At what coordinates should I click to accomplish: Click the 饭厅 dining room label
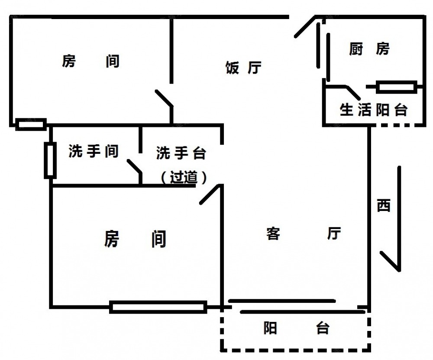coord(243,68)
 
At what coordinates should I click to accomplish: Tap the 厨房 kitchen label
coord(369,49)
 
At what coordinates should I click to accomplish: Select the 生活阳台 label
coord(374,110)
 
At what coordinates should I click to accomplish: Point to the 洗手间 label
coord(94,151)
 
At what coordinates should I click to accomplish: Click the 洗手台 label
coord(181,153)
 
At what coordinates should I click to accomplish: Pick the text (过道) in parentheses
coord(183,177)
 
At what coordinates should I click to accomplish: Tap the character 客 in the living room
coord(273,234)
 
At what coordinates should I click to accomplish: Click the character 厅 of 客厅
coord(334,234)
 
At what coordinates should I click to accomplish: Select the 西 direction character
coord(383,205)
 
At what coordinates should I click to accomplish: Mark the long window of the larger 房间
coord(158,307)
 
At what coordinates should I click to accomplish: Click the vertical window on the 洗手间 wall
coord(50,160)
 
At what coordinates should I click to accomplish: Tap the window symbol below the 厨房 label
coord(396,87)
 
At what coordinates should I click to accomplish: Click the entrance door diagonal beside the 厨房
coord(305,27)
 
